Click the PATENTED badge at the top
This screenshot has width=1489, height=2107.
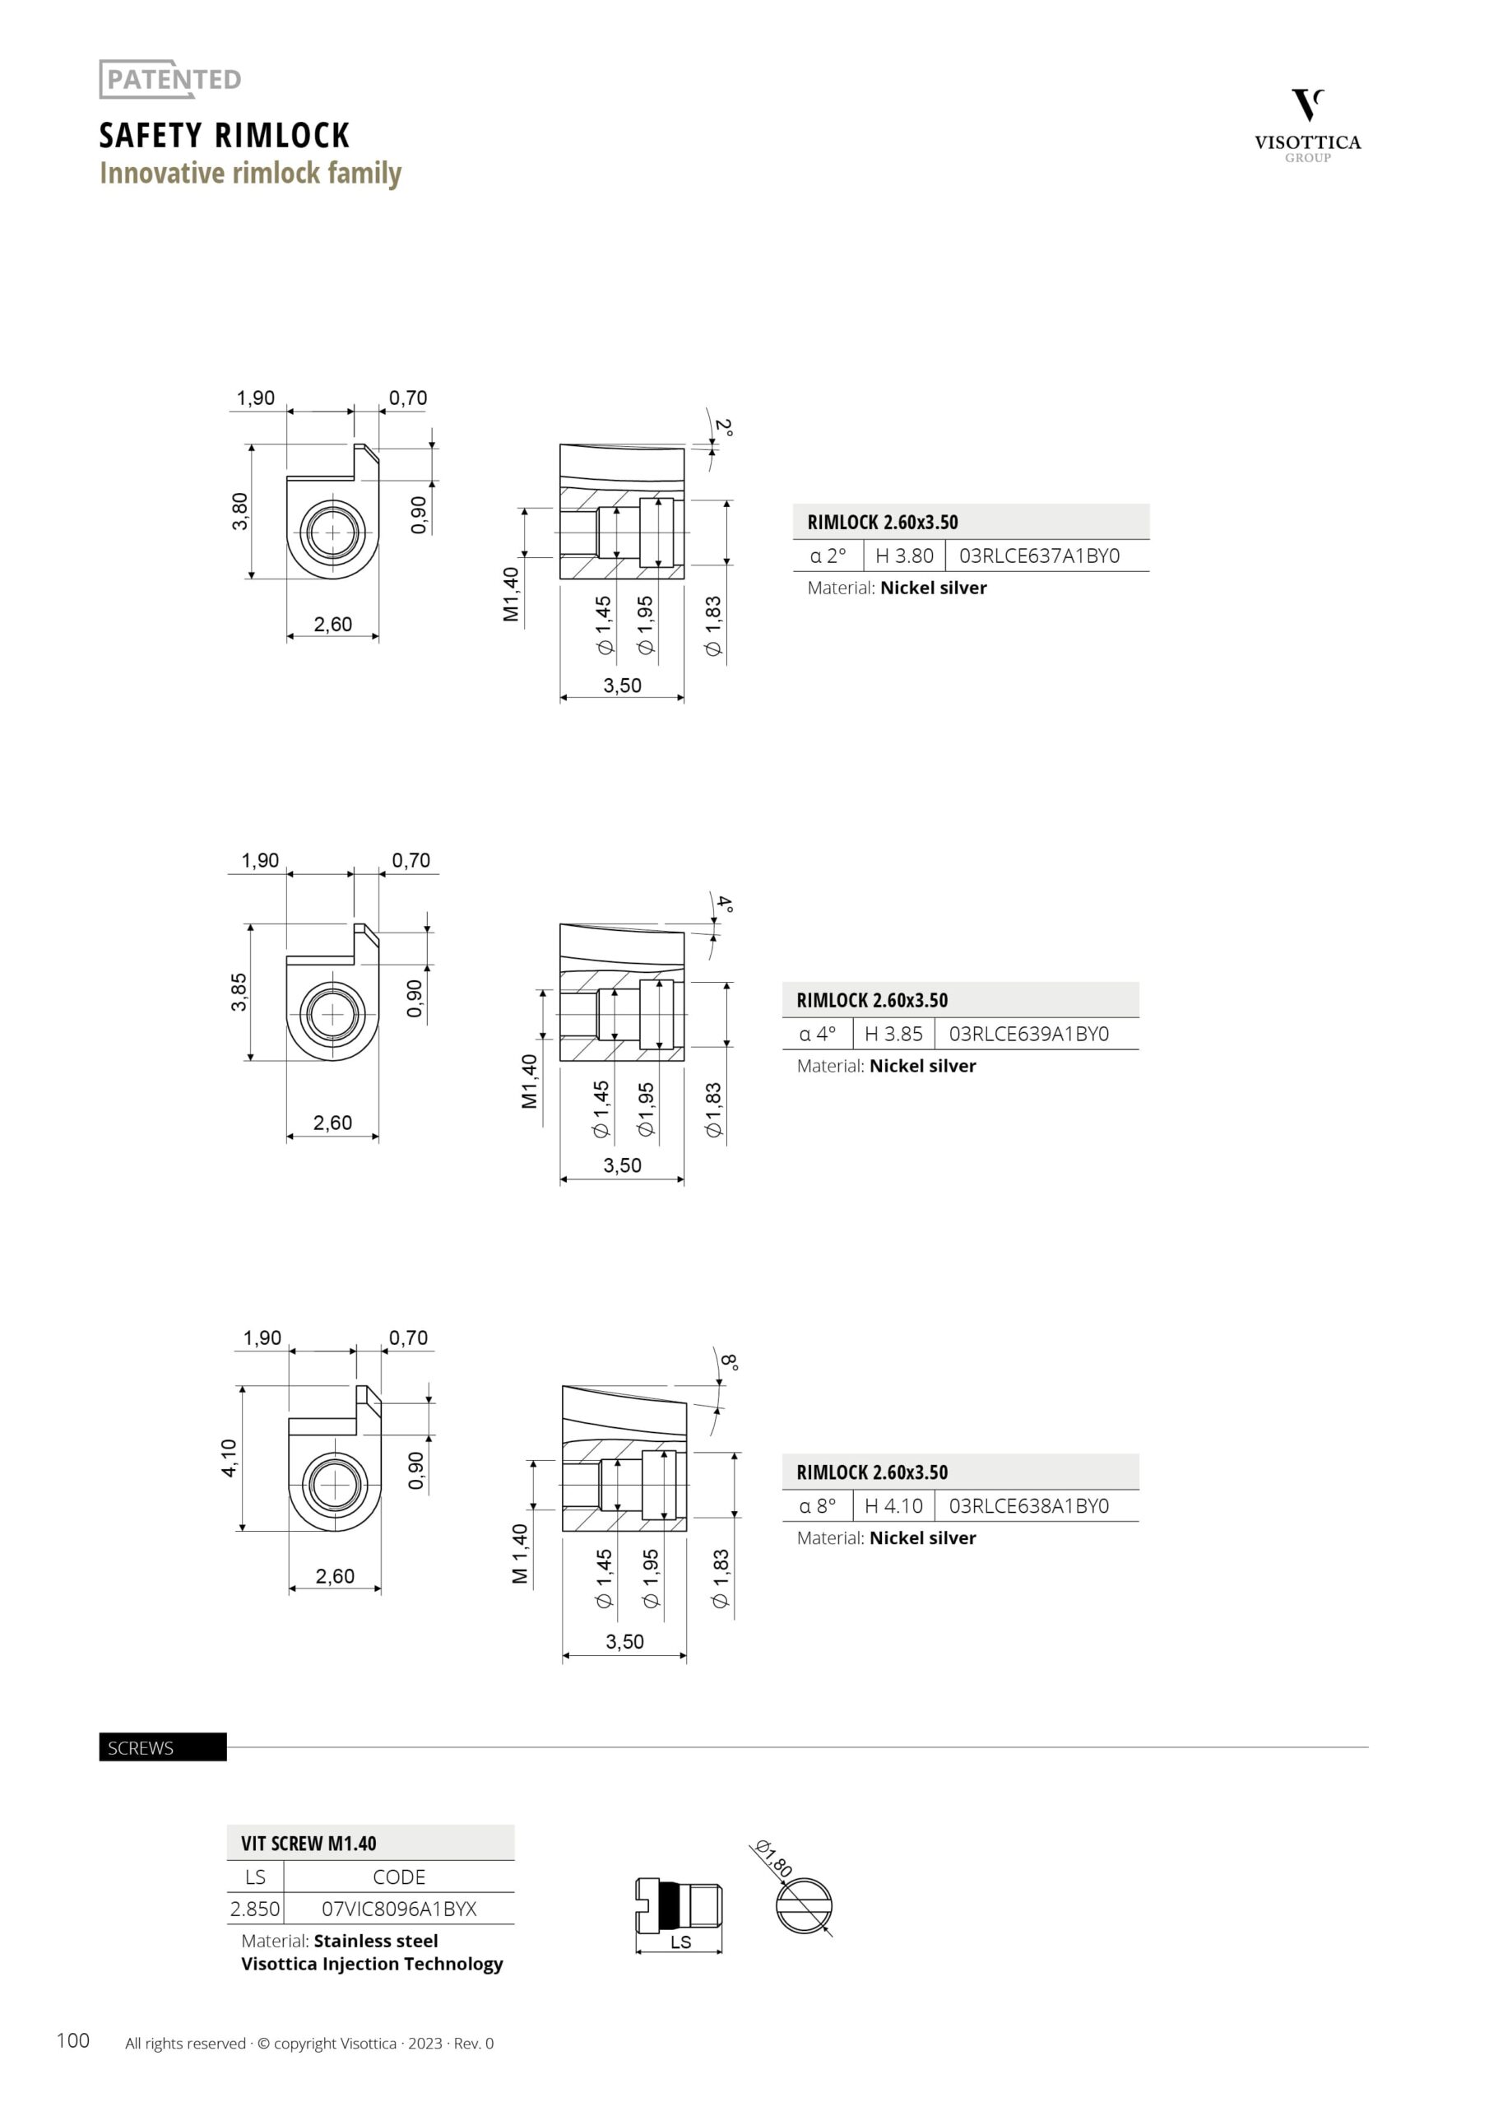[x=170, y=79]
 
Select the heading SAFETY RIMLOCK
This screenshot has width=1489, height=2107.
[x=225, y=135]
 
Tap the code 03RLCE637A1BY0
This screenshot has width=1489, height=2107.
[x=1040, y=556]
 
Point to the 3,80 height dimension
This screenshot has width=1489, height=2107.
[x=239, y=511]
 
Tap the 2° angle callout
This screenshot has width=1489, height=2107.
[x=724, y=428]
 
